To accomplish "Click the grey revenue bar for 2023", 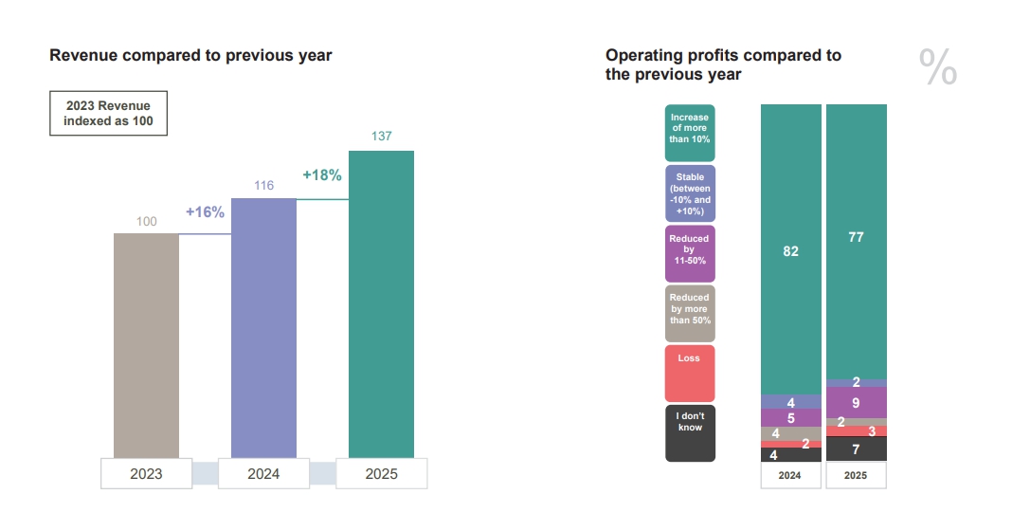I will tap(146, 345).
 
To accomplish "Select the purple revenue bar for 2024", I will tap(263, 328).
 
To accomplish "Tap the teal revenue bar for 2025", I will tap(381, 304).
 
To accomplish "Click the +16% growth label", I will tap(205, 212).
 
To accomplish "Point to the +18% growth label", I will tap(322, 175).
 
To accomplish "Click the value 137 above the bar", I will tap(381, 137).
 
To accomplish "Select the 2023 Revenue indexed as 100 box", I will tap(108, 114).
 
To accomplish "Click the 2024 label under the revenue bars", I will tap(263, 474).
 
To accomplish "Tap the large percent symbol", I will tap(938, 67).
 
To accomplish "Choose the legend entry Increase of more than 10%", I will tap(690, 133).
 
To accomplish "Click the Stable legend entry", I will tap(690, 193).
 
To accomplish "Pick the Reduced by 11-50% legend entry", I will tap(690, 253).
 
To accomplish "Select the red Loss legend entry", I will tap(690, 373).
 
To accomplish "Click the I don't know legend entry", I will tap(690, 433).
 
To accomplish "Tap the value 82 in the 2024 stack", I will tap(791, 251).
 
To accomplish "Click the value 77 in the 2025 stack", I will tap(856, 237).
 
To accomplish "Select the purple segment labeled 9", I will tap(856, 403).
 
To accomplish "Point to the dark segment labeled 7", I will tap(856, 449).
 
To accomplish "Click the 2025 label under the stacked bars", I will tap(856, 475).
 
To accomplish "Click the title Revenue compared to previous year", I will tap(190, 56).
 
